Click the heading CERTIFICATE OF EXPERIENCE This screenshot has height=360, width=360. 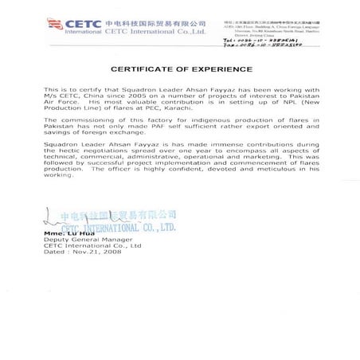(x=180, y=69)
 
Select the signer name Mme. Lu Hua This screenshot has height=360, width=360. (x=68, y=233)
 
